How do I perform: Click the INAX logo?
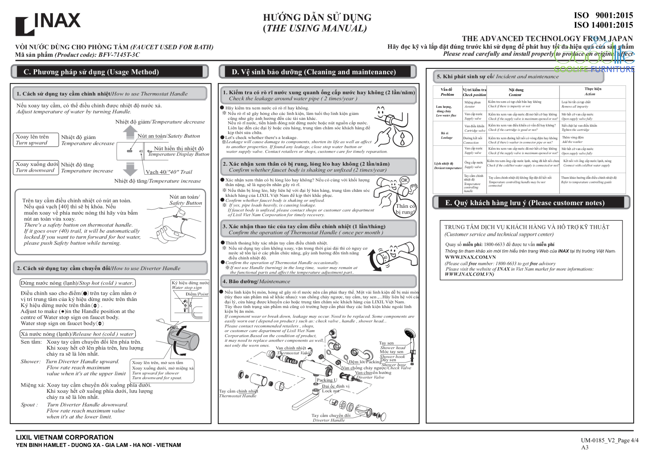(48, 23)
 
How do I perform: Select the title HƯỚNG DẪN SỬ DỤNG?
(317, 17)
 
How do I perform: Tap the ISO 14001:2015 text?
(603, 25)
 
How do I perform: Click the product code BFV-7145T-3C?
(119, 55)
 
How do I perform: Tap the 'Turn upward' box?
(36, 140)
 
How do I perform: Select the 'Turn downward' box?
(36, 167)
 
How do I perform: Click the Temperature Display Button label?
(178, 154)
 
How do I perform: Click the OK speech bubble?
(404, 180)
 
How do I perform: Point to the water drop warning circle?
(402, 137)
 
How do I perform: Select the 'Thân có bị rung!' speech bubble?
(405, 209)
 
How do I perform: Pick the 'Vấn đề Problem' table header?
(447, 92)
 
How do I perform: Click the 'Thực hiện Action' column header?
(592, 92)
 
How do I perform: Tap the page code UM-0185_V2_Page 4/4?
(609, 440)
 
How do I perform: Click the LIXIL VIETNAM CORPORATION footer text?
(65, 437)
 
